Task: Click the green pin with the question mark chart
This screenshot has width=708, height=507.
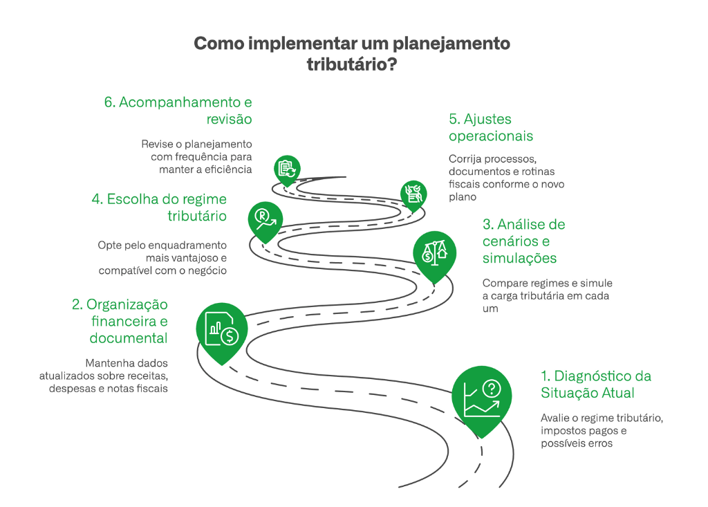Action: tap(482, 398)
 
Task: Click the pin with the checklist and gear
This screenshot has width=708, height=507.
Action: tap(413, 194)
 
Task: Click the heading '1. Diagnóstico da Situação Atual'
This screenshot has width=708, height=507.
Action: tap(596, 385)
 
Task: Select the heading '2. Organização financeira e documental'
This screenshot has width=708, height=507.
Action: tap(120, 322)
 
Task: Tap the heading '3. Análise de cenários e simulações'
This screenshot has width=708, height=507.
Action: tap(523, 241)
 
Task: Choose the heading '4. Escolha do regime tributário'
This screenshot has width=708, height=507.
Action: tap(159, 208)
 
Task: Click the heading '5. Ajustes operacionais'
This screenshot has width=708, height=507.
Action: tap(490, 127)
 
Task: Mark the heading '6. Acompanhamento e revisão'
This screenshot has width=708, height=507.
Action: tap(178, 111)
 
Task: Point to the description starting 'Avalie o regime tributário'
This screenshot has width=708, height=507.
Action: tap(602, 431)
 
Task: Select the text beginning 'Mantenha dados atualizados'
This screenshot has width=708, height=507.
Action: tap(109, 376)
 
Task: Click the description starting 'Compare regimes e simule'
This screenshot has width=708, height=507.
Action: tap(547, 296)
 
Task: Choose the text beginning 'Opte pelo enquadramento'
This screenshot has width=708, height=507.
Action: tap(162, 257)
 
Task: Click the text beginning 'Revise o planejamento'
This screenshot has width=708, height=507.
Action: tap(196, 156)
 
